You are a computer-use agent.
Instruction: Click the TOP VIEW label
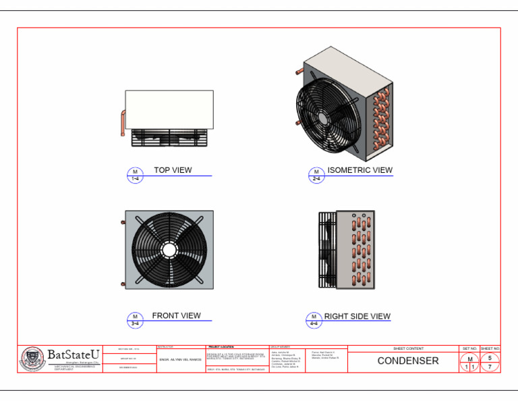pos(173,170)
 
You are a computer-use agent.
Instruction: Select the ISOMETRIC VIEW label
pos(359,170)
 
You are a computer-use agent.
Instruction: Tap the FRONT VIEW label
pos(176,315)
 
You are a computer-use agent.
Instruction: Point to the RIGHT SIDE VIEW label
pos(357,316)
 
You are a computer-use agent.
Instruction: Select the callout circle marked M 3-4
pos(135,320)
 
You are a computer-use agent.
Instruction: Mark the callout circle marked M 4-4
pos(314,320)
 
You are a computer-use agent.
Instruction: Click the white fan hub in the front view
pos(169,249)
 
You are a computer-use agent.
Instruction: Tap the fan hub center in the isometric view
pos(324,117)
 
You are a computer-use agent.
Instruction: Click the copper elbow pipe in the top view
pos(123,122)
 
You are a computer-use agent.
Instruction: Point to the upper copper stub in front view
pos(122,221)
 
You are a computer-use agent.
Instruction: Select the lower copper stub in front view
pos(122,284)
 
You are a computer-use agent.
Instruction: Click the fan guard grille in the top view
pos(170,138)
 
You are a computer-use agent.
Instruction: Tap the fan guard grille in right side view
pos(326,250)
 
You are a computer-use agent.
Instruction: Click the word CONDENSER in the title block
pos(407,360)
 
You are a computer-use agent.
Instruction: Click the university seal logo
pos(31,359)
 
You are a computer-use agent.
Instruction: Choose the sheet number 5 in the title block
pos(490,357)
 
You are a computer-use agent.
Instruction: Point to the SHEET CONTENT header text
pos(408,348)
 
